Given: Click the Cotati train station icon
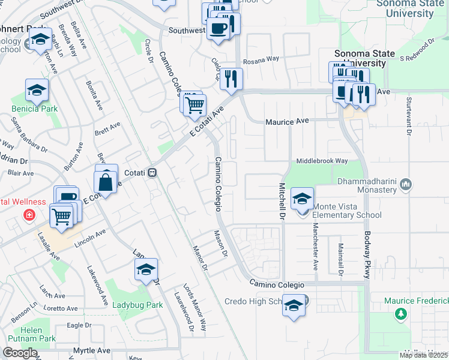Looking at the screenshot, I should pyautogui.click(x=153, y=173).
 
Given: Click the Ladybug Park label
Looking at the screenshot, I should pyautogui.click(x=137, y=305).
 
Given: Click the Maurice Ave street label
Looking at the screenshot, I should pyautogui.click(x=287, y=121).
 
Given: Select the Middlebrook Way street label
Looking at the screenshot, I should pyautogui.click(x=322, y=161).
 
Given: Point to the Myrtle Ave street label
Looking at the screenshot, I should pyautogui.click(x=92, y=350).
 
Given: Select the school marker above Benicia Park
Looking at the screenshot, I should pyautogui.click(x=37, y=90).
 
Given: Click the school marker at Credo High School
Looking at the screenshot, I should pyautogui.click(x=294, y=305).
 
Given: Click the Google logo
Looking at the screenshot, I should pyautogui.click(x=20, y=353).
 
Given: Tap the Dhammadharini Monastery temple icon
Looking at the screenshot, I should pyautogui.click(x=407, y=183).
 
